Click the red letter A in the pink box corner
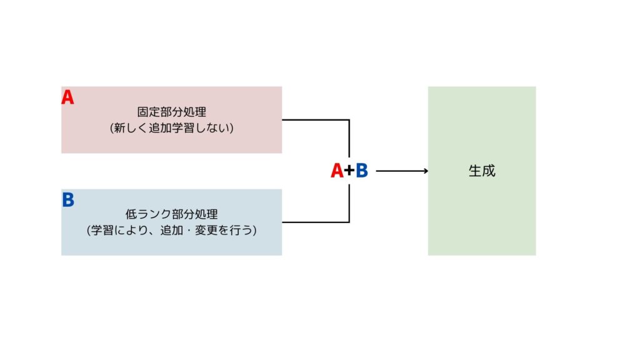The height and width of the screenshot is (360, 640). (x=67, y=97)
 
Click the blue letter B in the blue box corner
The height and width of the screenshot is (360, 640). (x=68, y=200)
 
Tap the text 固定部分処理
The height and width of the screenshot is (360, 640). (x=171, y=113)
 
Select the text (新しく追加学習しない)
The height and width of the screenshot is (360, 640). (x=171, y=128)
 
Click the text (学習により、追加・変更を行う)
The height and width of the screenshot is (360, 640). (x=171, y=230)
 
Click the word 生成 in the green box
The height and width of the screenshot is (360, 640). (x=482, y=171)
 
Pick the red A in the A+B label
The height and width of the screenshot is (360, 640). (x=337, y=171)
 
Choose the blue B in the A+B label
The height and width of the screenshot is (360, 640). (x=362, y=171)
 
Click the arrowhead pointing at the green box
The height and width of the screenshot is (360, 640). (x=425, y=171)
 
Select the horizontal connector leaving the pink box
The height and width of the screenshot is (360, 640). (x=315, y=120)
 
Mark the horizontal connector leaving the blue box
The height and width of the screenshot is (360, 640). (x=315, y=222)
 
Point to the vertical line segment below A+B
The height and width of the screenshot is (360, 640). (x=349, y=202)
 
